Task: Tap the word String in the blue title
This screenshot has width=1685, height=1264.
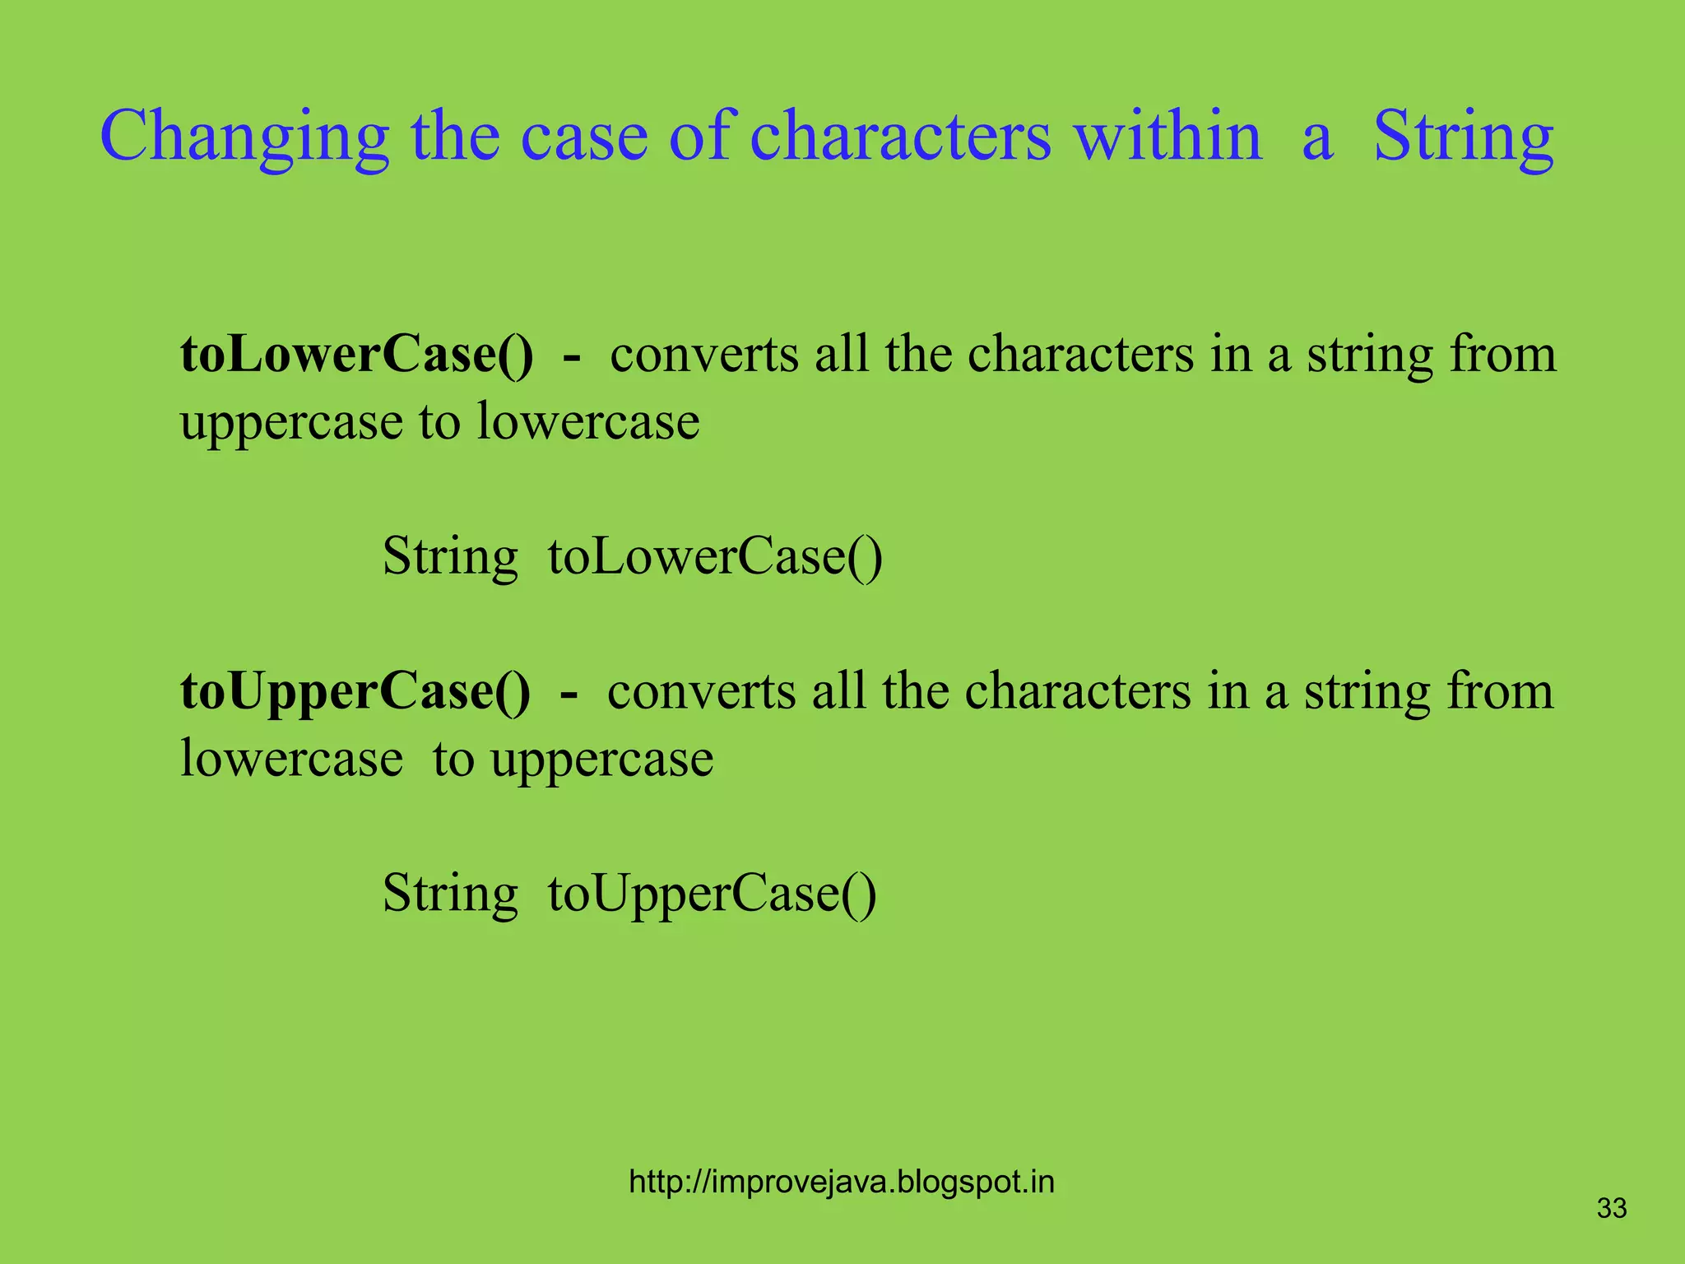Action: pyautogui.click(x=1464, y=136)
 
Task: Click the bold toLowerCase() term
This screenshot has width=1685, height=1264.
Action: pyautogui.click(x=356, y=355)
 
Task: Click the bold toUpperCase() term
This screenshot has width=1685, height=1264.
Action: pyautogui.click(x=355, y=691)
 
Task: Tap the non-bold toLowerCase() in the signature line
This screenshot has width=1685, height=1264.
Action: pyautogui.click(x=715, y=557)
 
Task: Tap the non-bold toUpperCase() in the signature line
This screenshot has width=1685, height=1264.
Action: pyautogui.click(x=712, y=894)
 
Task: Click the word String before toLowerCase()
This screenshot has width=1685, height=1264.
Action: pyautogui.click(x=450, y=557)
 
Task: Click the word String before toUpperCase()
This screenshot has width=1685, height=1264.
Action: pyautogui.click(x=450, y=894)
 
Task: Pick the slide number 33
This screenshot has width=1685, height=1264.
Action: pyautogui.click(x=1612, y=1208)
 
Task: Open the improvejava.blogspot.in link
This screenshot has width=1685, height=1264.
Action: pyautogui.click(x=841, y=1182)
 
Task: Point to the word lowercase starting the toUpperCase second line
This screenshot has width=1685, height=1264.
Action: pyautogui.click(x=291, y=758)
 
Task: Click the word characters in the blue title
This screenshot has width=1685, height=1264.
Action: pyautogui.click(x=901, y=136)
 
